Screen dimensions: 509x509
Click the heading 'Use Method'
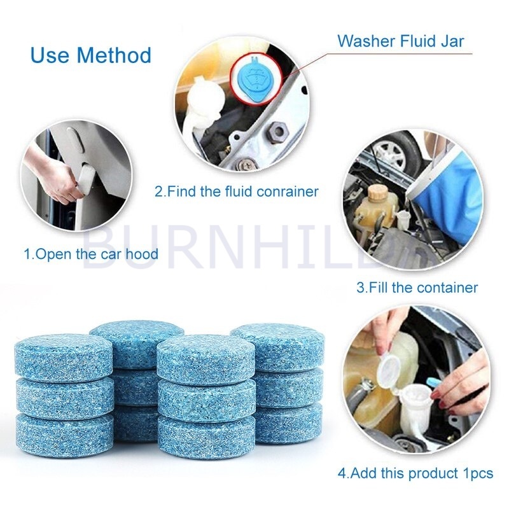(90, 55)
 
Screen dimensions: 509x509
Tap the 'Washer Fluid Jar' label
(400, 41)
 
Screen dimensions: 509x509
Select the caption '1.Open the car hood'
(91, 254)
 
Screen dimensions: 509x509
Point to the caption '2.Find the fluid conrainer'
(236, 191)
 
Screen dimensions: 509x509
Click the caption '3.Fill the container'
(417, 287)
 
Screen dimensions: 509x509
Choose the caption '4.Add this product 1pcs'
(415, 473)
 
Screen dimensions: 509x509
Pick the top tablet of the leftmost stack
(63, 356)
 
